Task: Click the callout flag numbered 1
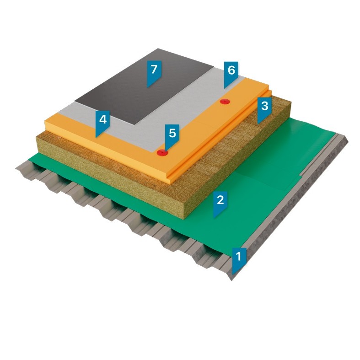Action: [x=239, y=259]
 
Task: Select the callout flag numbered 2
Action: [x=220, y=203]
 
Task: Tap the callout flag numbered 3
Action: [x=264, y=109]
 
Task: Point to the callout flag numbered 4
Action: [x=102, y=123]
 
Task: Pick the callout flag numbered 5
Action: [x=172, y=135]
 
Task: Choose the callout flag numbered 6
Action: [x=231, y=73]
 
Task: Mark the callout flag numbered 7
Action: [x=154, y=72]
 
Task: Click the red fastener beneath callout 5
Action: [x=162, y=152]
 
